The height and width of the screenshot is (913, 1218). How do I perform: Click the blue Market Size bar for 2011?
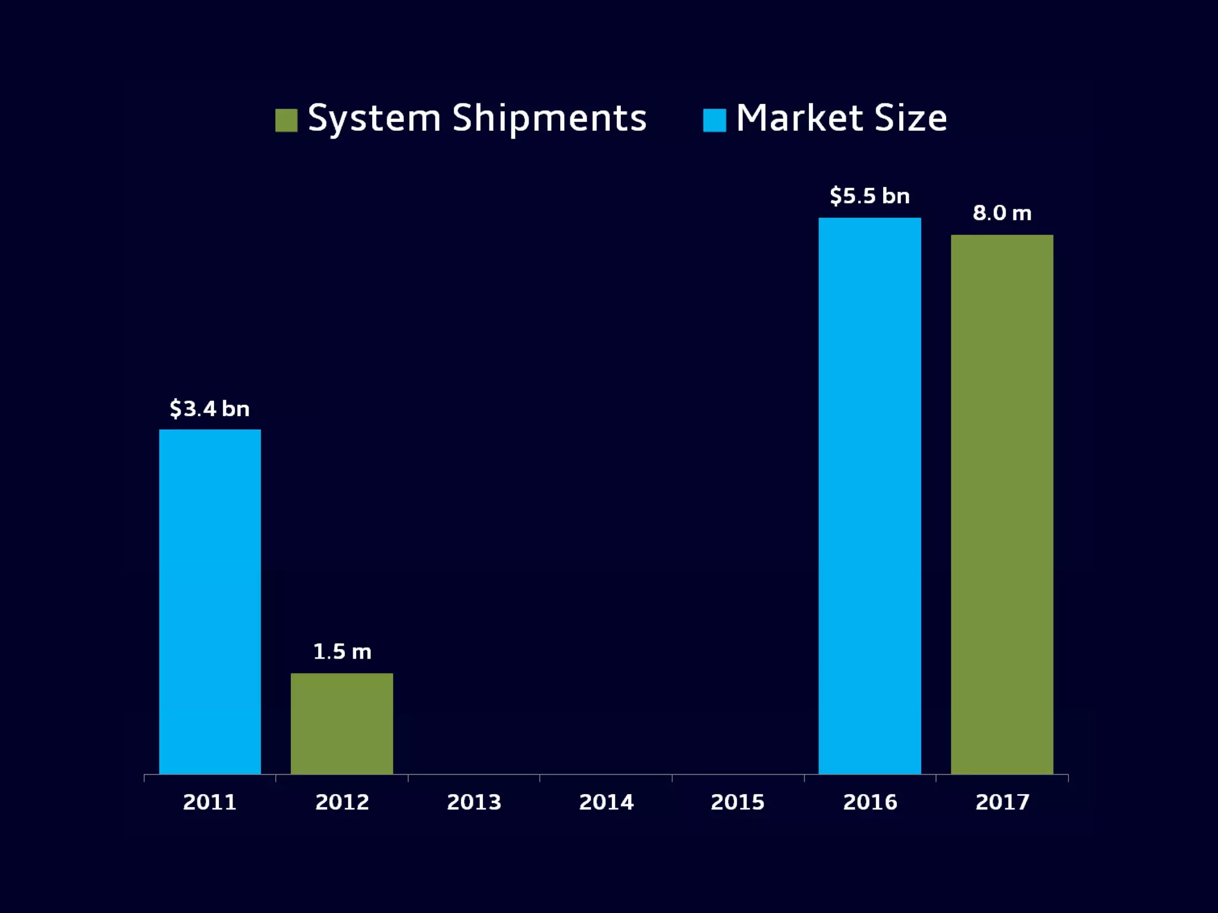pyautogui.click(x=210, y=602)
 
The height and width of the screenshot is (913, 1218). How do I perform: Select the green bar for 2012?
pyautogui.click(x=342, y=723)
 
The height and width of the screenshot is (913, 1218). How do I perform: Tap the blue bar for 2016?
pyautogui.click(x=869, y=496)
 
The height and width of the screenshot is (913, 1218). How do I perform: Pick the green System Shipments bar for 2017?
pyautogui.click(x=1002, y=504)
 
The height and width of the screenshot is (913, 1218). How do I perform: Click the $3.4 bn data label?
pyautogui.click(x=209, y=409)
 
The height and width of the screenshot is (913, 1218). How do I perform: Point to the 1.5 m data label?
pyautogui.click(x=342, y=652)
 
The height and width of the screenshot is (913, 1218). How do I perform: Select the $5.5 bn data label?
pyautogui.click(x=869, y=196)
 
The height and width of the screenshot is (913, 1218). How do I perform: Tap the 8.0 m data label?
pyautogui.click(x=1002, y=213)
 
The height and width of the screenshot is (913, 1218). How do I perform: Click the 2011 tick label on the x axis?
pyautogui.click(x=209, y=802)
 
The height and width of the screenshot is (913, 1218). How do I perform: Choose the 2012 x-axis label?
pyautogui.click(x=342, y=802)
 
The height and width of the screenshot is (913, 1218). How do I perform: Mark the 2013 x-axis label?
pyautogui.click(x=474, y=802)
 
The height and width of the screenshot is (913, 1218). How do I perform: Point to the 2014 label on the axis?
pyautogui.click(x=606, y=802)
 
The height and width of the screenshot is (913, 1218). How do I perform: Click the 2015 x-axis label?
pyautogui.click(x=737, y=802)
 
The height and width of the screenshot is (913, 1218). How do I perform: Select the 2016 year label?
pyautogui.click(x=869, y=802)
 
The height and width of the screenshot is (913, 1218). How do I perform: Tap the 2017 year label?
pyautogui.click(x=1002, y=802)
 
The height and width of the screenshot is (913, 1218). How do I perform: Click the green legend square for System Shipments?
pyautogui.click(x=286, y=120)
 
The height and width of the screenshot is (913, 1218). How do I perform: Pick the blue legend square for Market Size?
pyautogui.click(x=714, y=120)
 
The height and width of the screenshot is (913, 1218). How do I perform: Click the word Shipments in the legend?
pyautogui.click(x=549, y=119)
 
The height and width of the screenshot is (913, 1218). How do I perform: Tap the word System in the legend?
pyautogui.click(x=374, y=119)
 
